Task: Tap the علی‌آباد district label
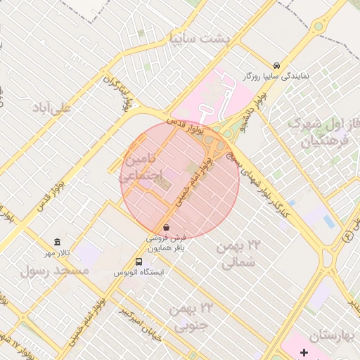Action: [x=52, y=108]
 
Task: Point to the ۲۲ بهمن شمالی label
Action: [x=241, y=255]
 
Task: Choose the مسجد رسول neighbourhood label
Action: [x=56, y=270]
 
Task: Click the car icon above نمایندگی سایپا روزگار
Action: [x=276, y=64]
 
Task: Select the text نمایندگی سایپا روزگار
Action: [x=276, y=75]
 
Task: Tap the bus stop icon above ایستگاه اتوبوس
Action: [x=138, y=261]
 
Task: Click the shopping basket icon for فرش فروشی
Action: [x=166, y=227]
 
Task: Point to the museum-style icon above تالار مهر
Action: [x=58, y=242]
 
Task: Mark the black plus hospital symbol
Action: [x=304, y=351]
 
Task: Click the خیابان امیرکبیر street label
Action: [x=140, y=324]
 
